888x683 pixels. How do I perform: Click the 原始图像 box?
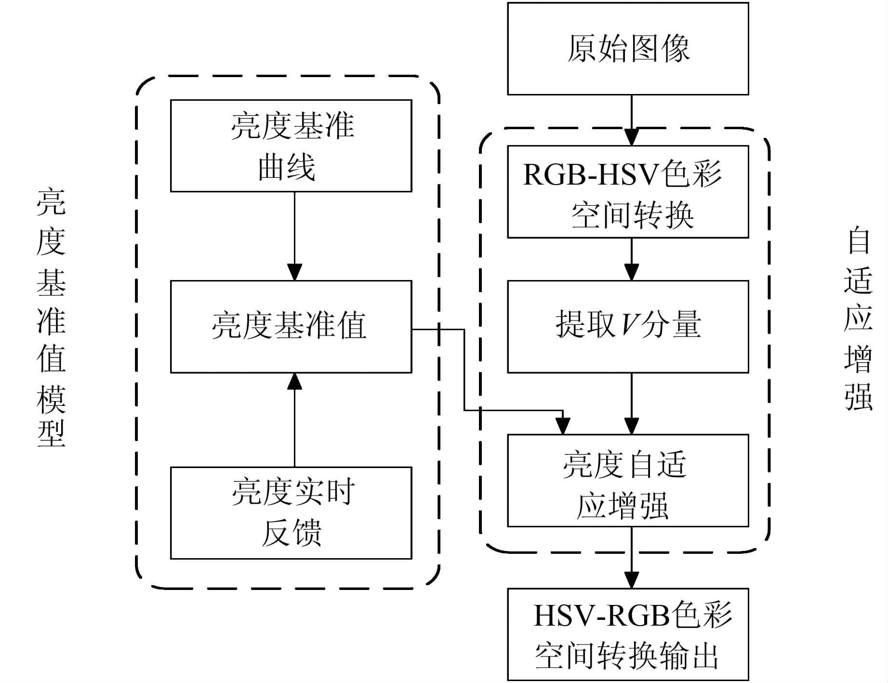coord(628,49)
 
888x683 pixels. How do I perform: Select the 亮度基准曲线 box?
coord(291,146)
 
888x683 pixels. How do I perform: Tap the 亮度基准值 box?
coord(291,326)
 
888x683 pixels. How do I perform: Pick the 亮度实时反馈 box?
coord(291,513)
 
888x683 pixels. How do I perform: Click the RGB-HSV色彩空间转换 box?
coord(628,192)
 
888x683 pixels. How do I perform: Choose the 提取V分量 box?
coord(628,326)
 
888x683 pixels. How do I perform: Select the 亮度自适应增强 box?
coord(628,481)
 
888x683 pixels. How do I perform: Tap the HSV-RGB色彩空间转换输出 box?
coord(628,634)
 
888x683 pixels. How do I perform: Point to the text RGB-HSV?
coord(591,174)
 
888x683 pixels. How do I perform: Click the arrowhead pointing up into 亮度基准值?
coord(294,381)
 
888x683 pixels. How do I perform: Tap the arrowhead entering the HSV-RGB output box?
coord(631,580)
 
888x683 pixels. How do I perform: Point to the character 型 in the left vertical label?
coord(51,433)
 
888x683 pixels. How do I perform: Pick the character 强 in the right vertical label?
coord(859,397)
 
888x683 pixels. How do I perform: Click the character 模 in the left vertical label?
coord(51,399)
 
